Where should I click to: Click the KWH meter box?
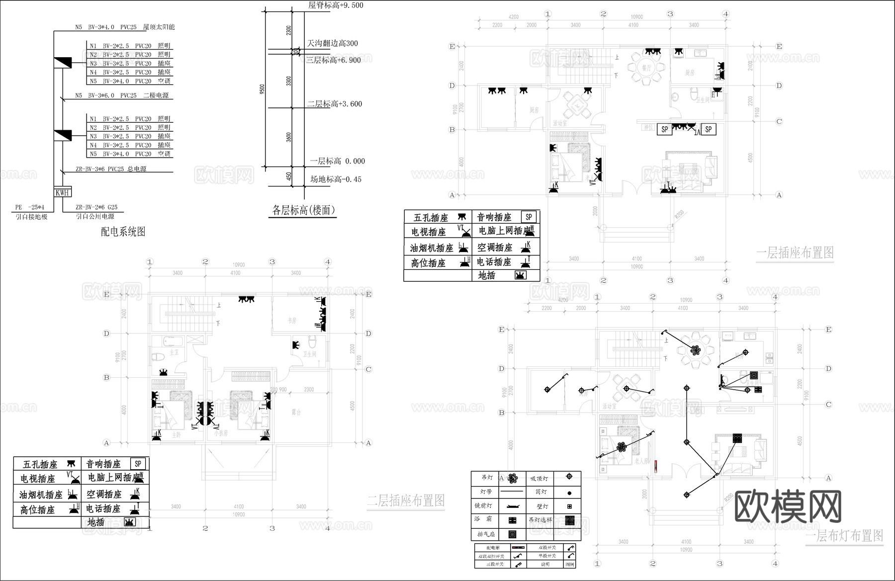pos(62,192)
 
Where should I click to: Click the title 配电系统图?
pos(123,232)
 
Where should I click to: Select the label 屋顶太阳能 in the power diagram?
pos(159,27)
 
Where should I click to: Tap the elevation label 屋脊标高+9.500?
pos(336,5)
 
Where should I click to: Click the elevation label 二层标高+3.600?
pos(334,104)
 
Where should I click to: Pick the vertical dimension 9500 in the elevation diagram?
pos(263,88)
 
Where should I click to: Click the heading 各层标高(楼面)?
pos(303,210)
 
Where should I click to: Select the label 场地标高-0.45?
pos(336,179)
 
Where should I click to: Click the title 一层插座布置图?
pos(795,252)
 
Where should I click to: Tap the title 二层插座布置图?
pos(406,500)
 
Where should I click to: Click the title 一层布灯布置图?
pos(844,535)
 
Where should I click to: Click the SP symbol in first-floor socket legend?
pos(529,217)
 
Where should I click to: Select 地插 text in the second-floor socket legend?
pos(96,522)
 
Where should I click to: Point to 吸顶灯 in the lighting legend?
pos(539,478)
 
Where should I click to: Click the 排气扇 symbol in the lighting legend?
pos(513,534)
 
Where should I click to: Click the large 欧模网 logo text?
pos(788,507)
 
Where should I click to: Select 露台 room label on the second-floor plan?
pos(296,412)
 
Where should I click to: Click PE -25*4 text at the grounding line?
pos(30,207)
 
